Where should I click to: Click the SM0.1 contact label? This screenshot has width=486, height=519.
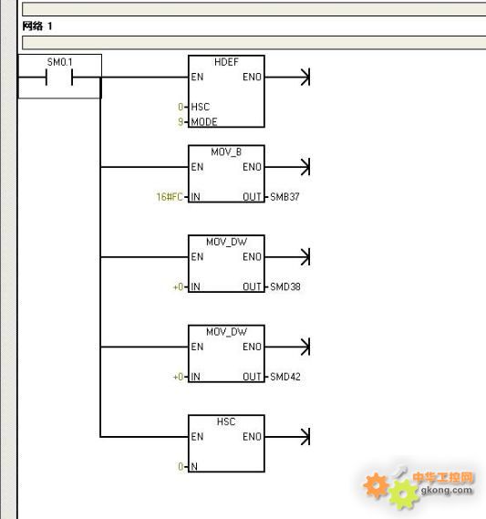coord(59,62)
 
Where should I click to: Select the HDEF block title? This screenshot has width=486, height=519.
coord(226,62)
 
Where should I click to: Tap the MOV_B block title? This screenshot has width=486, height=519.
coord(226,152)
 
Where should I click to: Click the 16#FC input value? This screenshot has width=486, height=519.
coord(170,197)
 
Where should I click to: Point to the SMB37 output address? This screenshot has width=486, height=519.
coord(284,197)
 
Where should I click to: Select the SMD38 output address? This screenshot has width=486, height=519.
coord(285,286)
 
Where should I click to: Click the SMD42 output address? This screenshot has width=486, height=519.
coord(285,377)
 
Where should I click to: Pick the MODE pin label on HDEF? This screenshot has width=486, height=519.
coord(204,122)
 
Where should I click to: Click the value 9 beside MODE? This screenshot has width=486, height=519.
coord(181,122)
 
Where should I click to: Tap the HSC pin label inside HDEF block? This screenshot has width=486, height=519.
coord(201,107)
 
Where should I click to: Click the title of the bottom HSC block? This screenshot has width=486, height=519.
coord(226,421)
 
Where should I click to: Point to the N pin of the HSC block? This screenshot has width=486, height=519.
coord(194,467)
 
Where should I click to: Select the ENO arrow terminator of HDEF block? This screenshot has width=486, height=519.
coord(305,78)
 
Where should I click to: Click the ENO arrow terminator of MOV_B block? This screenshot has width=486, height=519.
coord(305,167)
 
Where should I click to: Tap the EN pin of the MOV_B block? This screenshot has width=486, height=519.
coord(197,167)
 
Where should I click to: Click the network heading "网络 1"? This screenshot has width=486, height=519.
coord(37,26)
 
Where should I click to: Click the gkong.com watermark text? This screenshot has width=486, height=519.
coord(447,490)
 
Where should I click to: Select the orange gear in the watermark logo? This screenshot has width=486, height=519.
coord(376,485)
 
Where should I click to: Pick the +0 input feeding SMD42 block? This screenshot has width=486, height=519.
coord(178,377)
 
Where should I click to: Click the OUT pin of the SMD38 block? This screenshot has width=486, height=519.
coord(252,286)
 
